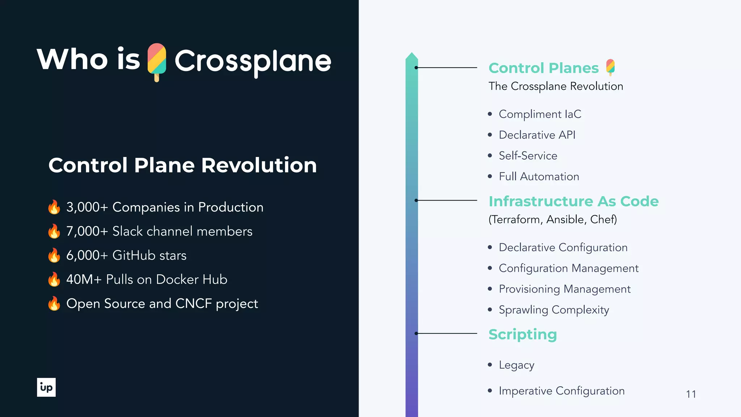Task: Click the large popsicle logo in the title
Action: (x=157, y=62)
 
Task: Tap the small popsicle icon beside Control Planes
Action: (x=610, y=67)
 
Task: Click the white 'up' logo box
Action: (x=46, y=387)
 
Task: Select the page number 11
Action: (x=691, y=394)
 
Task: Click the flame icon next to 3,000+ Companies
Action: (x=54, y=207)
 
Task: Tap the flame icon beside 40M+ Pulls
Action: (x=54, y=279)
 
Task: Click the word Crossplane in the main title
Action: (x=253, y=61)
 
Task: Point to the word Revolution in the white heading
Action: (x=259, y=165)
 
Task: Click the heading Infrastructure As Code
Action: (x=573, y=201)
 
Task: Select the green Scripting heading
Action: (x=522, y=334)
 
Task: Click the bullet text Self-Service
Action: (x=528, y=156)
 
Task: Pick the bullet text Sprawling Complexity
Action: (x=554, y=310)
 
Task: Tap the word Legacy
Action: (x=516, y=365)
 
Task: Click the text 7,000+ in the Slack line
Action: (x=87, y=231)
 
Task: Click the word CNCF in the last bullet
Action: (x=193, y=304)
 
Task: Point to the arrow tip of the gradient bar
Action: (x=412, y=55)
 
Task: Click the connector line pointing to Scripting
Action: (x=447, y=333)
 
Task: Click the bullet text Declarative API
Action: (x=537, y=135)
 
